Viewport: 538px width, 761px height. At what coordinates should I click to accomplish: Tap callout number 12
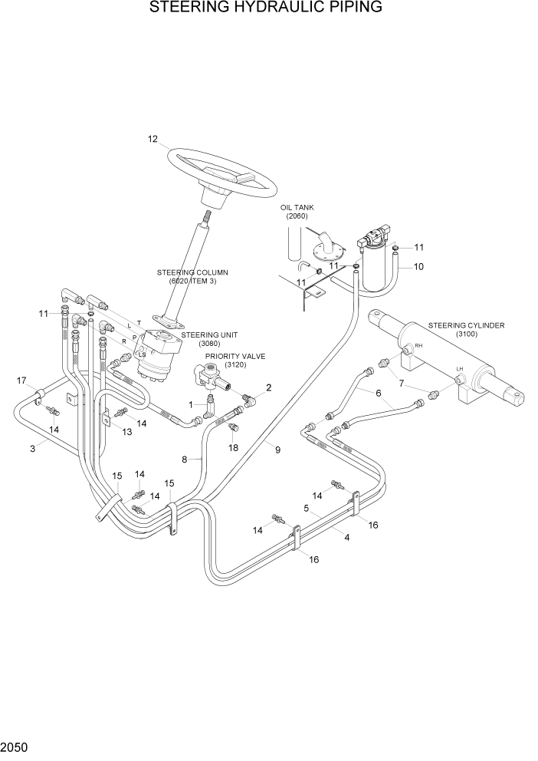click(x=153, y=139)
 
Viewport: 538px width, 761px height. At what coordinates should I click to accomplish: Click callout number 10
click(x=418, y=267)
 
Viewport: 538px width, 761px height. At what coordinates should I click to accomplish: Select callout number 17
click(x=21, y=380)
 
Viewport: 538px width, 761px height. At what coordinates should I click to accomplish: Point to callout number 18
click(x=233, y=447)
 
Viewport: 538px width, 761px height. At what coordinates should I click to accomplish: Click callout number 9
click(x=277, y=450)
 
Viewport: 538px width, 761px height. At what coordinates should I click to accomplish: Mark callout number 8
click(x=185, y=460)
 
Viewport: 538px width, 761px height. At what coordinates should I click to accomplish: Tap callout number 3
click(x=33, y=449)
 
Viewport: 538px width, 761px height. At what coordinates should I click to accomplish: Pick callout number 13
click(x=126, y=432)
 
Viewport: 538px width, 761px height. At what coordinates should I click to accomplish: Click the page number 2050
click(x=14, y=746)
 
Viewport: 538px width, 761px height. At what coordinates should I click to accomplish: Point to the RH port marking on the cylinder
click(x=418, y=346)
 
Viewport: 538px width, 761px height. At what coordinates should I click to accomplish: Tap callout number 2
click(x=268, y=387)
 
